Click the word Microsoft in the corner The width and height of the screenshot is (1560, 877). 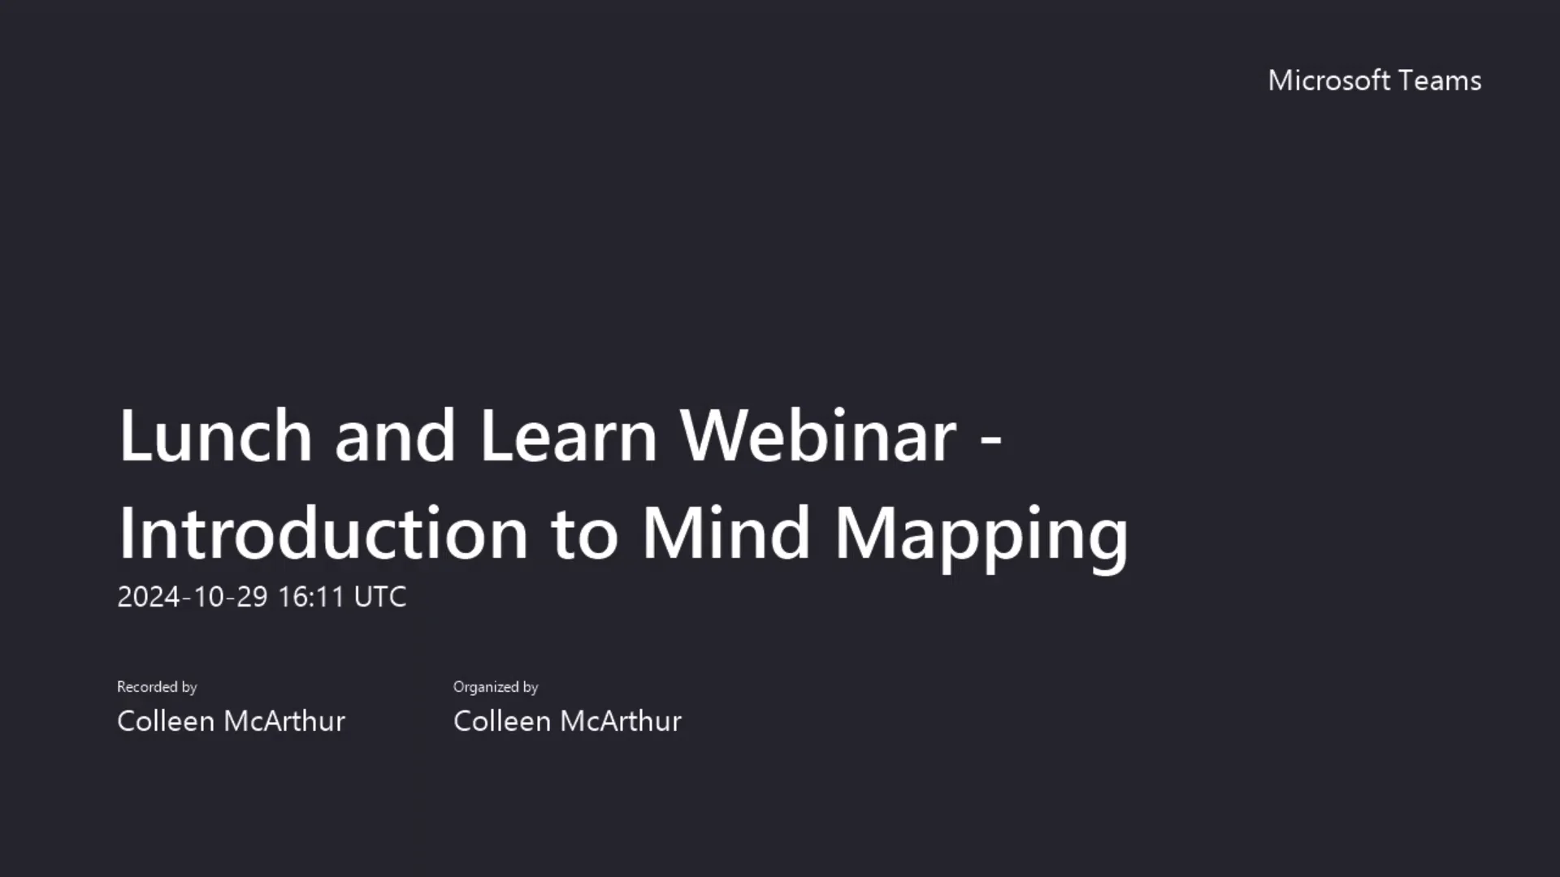coord(1329,80)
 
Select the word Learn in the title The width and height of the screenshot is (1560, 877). coord(568,436)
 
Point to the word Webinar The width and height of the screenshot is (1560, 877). coord(818,436)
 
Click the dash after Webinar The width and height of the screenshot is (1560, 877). coord(991,439)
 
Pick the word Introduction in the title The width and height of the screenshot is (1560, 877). coord(323,534)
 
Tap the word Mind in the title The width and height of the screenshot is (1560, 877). coord(726,534)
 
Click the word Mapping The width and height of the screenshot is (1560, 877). coord(981,536)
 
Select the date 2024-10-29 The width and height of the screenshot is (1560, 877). coord(193,597)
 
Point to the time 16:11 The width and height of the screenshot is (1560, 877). coord(311,597)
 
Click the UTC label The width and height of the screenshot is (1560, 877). coord(380,597)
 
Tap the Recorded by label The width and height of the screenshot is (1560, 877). coord(157,687)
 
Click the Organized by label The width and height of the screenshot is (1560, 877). coord(496,687)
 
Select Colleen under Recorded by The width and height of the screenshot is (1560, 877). coord(166,721)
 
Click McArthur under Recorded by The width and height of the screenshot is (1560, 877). coord(284,721)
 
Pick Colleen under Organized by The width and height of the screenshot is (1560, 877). coord(502,721)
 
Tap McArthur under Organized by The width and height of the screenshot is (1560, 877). coord(620,721)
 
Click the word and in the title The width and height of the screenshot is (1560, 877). coord(395,436)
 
